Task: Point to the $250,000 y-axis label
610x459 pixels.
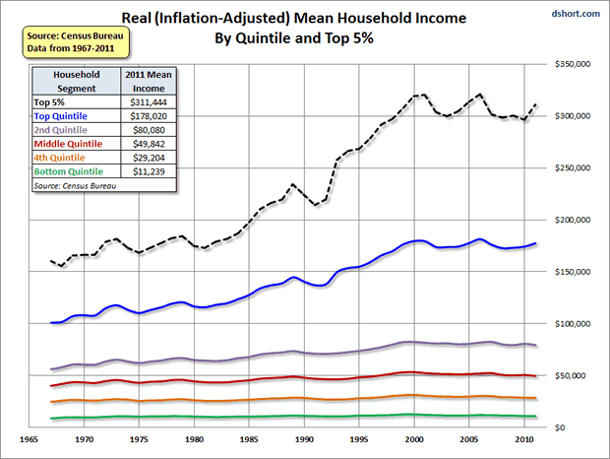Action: [574, 167]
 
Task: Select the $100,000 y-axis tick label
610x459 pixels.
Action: [574, 323]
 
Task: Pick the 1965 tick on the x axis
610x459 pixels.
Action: [29, 441]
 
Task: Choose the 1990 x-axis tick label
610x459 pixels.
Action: [305, 441]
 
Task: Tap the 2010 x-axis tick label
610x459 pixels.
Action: [526, 441]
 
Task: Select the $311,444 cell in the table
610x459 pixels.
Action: [148, 101]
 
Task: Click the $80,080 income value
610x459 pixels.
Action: [148, 129]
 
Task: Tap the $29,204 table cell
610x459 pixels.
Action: [148, 157]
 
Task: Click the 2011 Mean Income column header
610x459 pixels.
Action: [148, 81]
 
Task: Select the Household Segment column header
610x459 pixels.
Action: [76, 81]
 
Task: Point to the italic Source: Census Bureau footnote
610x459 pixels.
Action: [76, 184]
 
